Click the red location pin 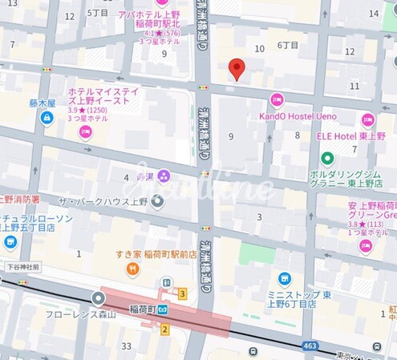coord(236,69)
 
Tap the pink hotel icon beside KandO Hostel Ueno coord(277,100)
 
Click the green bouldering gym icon coord(317,175)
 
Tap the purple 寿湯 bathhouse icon coord(164,175)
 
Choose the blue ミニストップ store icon coord(284,278)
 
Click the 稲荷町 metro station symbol coord(163,309)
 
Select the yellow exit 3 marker coord(183,293)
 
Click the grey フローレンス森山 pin coord(98,298)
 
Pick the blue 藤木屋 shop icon coord(47,119)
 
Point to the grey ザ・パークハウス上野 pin coord(157,200)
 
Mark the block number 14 coord(373,14)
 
